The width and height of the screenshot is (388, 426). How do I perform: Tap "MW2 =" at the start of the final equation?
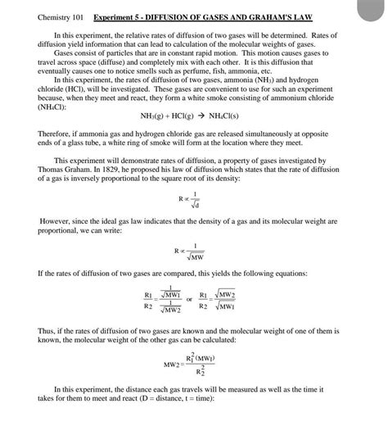(x=173, y=362)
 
